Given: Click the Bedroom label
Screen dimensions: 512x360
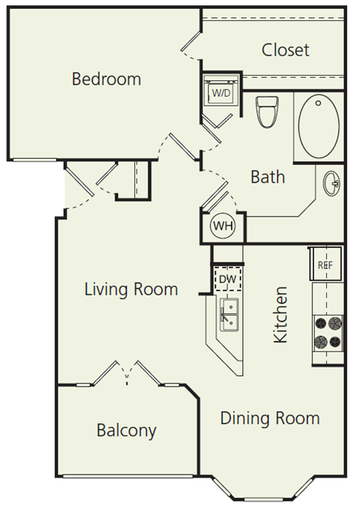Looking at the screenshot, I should coord(106,79).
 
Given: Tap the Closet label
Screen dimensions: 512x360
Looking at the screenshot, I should coord(285,50).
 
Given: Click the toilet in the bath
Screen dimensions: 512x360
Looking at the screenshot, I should coord(266,112).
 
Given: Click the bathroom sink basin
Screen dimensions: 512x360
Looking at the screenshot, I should coord(331,182).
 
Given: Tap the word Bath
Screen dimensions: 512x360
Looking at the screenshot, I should coord(268,177).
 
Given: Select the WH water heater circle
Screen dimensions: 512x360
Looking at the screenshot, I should coord(223,226).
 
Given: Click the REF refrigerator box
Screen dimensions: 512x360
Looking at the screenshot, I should coord(326,264).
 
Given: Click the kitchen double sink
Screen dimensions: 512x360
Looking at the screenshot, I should coord(229,314).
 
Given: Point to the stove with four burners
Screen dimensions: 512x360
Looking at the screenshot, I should coord(328,333).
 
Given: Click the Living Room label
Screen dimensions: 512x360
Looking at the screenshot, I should coord(131,289).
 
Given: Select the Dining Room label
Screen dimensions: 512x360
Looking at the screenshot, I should coord(270,418).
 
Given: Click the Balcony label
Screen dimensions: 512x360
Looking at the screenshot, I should coord(126,430).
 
